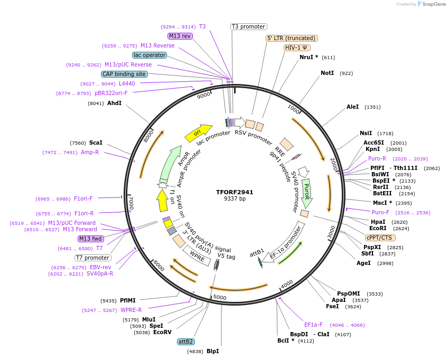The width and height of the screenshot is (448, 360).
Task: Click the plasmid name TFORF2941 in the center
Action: coord(235,192)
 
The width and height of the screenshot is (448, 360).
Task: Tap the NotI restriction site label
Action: coord(327,73)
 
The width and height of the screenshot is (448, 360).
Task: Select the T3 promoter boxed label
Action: coord(249,26)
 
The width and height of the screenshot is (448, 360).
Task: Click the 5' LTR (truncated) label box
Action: coord(291,38)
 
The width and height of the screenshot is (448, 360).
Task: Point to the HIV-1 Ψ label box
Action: coord(297,48)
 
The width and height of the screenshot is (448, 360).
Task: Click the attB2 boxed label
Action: coord(185,342)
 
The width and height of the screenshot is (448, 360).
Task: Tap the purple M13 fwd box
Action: coord(90,239)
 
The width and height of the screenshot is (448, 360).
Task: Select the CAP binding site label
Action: coord(124,74)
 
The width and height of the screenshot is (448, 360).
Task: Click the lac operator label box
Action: coord(150,55)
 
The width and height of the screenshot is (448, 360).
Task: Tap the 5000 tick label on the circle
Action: coord(220,298)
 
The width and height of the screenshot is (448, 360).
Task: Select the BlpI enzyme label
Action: coord(212,351)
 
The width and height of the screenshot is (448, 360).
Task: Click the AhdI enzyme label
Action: coord(114,103)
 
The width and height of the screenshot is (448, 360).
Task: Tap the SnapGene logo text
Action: coord(432,4)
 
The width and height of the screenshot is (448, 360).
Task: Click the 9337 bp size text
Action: coord(235,199)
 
